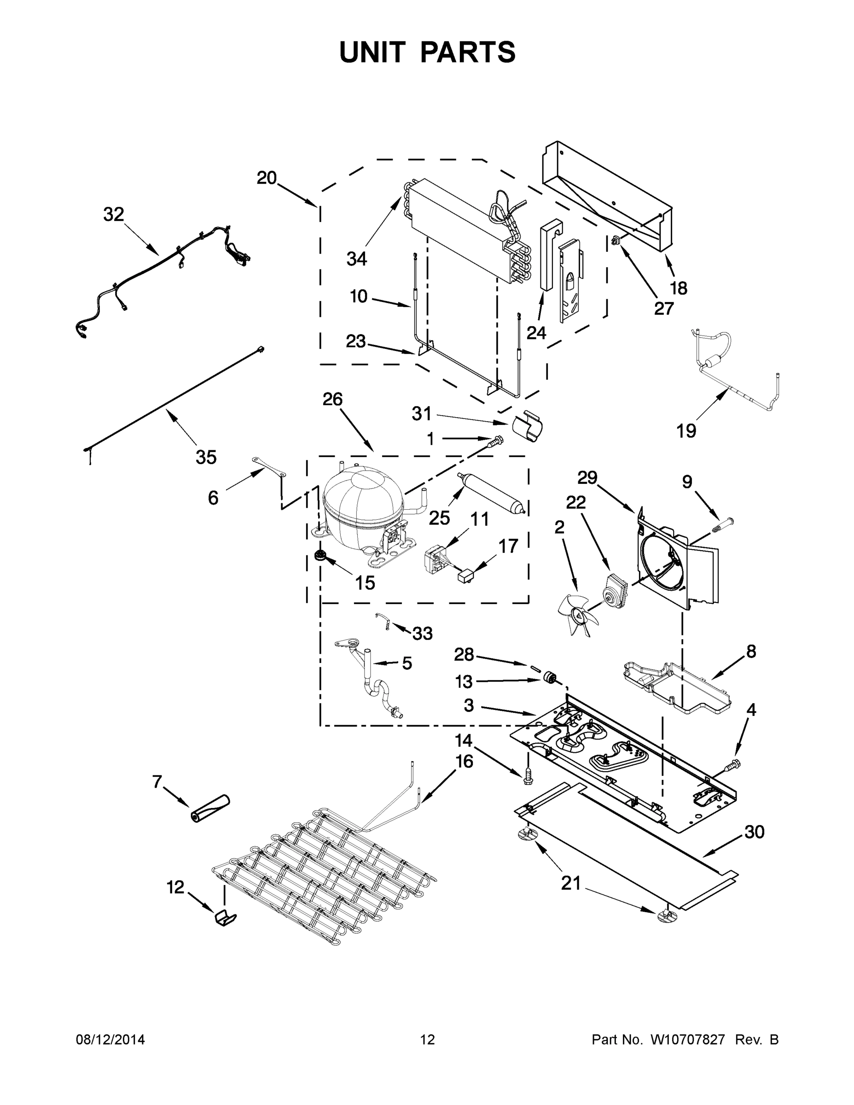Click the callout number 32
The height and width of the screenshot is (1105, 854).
(113, 215)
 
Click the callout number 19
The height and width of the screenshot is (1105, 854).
(686, 431)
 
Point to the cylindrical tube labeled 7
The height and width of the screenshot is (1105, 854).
(209, 808)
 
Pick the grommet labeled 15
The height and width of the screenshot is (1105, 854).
(320, 555)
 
